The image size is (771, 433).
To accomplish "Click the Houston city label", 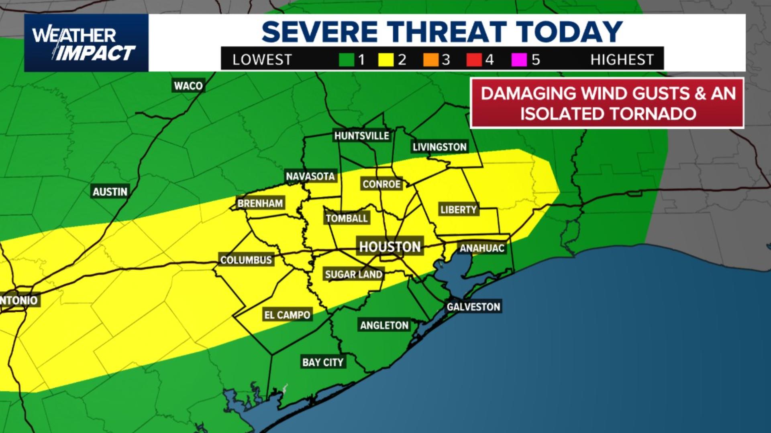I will [390, 247].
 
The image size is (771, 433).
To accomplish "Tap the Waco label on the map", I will [188, 86].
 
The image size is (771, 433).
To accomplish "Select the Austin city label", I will [110, 192].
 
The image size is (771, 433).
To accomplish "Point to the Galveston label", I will [473, 307].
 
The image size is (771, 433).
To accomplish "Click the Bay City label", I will [323, 362].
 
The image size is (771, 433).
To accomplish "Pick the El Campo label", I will [287, 315].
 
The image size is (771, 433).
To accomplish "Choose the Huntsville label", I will [361, 136].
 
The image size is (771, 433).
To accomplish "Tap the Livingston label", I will [439, 147].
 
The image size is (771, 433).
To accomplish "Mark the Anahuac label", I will [482, 249].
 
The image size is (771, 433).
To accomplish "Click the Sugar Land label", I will [353, 275].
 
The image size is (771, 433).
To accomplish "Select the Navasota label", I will [310, 176].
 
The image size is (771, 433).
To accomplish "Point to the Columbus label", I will [246, 260].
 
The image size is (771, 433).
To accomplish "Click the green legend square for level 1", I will [347, 60].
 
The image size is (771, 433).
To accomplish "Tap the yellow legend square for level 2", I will [386, 60].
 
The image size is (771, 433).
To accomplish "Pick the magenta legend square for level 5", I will [519, 60].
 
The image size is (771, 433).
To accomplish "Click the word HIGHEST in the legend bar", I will [622, 60].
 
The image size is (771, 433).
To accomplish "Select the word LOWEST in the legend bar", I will [262, 60].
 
